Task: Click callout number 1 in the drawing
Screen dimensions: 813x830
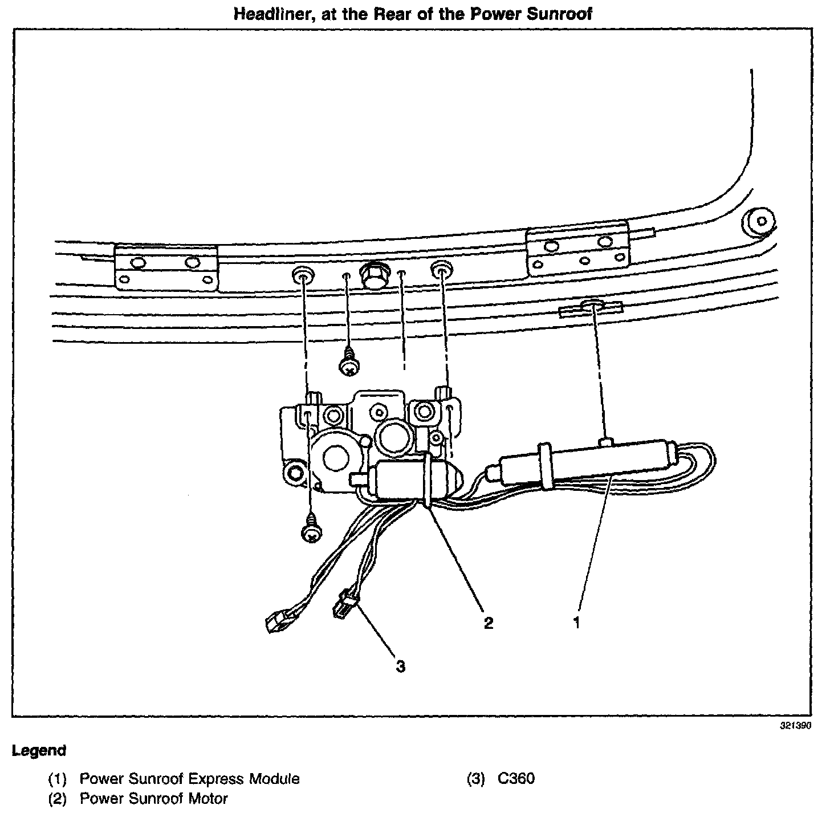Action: click(x=576, y=622)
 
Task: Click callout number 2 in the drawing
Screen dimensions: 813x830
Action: click(x=488, y=623)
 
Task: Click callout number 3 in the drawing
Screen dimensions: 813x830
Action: click(x=401, y=666)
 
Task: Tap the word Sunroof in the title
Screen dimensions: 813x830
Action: click(x=559, y=14)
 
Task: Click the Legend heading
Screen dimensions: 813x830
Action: click(x=39, y=750)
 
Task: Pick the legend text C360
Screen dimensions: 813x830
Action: click(x=516, y=779)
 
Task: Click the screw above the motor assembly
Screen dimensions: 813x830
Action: click(x=348, y=365)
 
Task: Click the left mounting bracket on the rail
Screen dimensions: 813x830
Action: click(x=166, y=268)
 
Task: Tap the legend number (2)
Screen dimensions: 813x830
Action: click(x=58, y=798)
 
